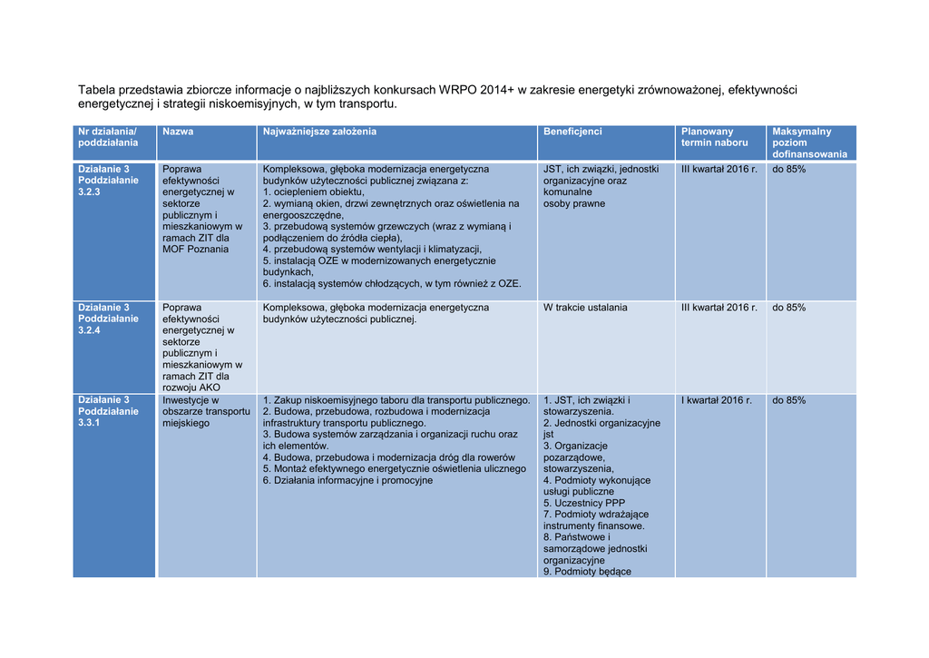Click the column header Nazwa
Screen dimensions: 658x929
[178, 133]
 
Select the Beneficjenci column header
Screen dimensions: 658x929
[572, 133]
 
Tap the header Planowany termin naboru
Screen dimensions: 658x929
[714, 137]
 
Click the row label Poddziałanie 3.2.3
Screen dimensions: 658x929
[109, 181]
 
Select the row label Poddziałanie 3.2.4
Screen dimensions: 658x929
[109, 319]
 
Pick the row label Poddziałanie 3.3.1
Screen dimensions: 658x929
[109, 411]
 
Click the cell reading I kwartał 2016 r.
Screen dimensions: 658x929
[716, 400]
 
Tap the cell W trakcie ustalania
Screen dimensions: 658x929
[585, 308]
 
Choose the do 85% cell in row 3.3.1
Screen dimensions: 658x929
[788, 400]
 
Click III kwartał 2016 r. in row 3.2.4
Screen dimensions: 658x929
[719, 308]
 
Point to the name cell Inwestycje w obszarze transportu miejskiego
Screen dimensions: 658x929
[205, 411]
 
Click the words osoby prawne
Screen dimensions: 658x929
[574, 204]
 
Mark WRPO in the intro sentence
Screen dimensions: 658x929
[461, 90]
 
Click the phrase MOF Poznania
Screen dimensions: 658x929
[195, 250]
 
